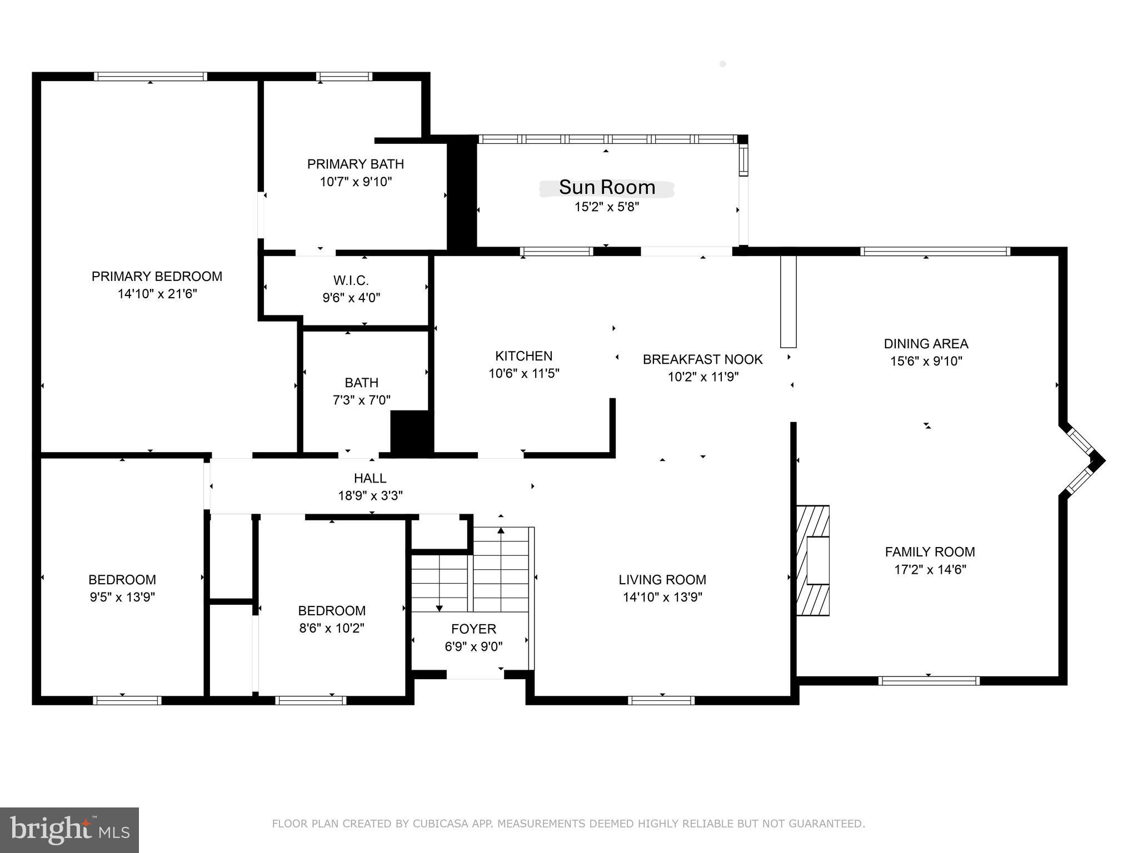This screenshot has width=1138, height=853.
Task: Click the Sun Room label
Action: point(607,188)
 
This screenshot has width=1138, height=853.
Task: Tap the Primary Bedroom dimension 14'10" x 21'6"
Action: point(157,294)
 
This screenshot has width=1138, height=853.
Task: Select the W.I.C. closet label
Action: point(351,280)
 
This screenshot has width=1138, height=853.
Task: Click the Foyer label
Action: point(473,629)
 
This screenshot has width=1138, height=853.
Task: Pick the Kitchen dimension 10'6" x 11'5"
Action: point(523,374)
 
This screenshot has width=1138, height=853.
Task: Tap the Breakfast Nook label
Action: point(702,359)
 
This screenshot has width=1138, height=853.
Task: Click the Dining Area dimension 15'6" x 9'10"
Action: point(926,361)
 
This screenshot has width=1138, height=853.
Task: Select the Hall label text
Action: point(370,478)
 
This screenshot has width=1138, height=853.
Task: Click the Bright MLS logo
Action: point(69,830)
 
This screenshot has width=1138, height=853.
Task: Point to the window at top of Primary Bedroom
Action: point(150,77)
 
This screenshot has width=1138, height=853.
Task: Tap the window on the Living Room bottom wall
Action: point(661,700)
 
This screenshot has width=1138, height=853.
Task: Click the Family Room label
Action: point(930,552)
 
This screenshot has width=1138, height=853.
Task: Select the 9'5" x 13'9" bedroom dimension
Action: point(122,598)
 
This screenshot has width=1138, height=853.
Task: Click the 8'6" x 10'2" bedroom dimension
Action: point(331,629)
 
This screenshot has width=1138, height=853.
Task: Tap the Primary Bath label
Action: point(355,164)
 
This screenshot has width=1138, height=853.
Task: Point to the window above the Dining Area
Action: point(935,251)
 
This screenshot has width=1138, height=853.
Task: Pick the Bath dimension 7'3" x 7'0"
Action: point(361,400)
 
